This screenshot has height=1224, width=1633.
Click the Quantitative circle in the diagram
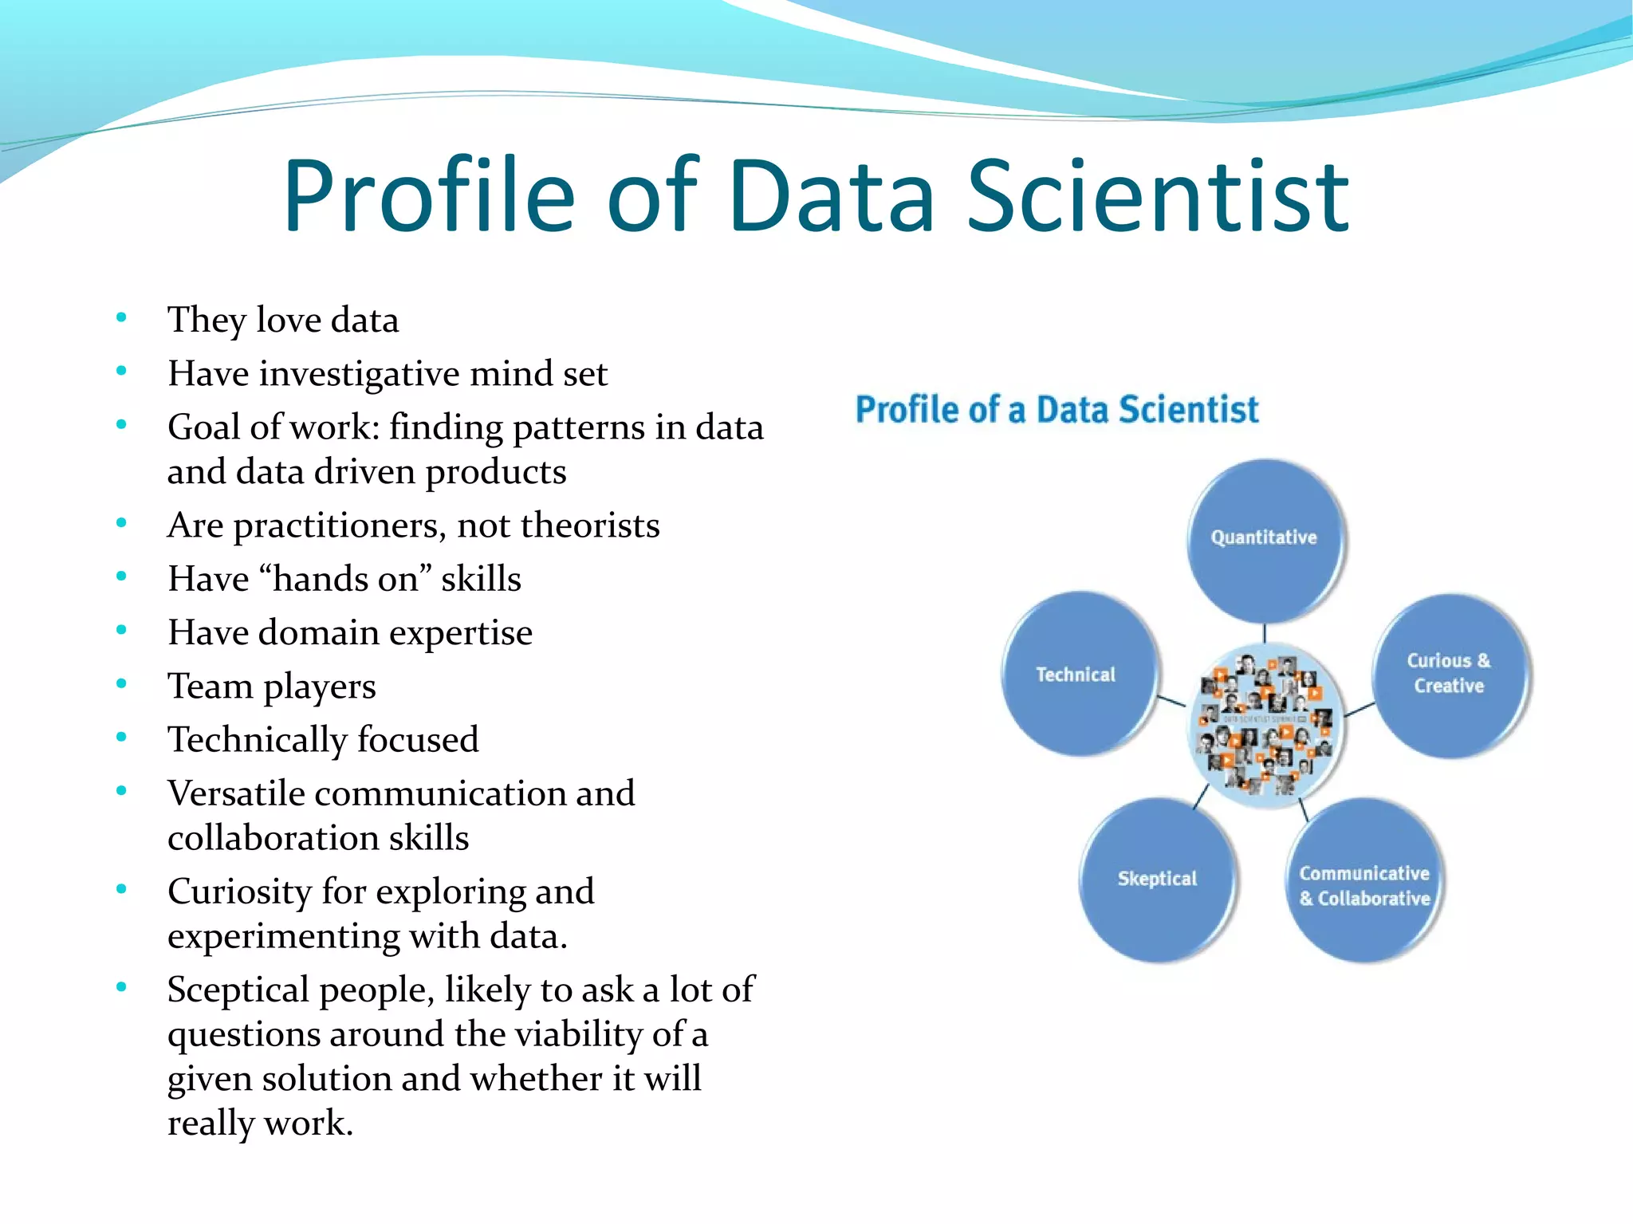1264,539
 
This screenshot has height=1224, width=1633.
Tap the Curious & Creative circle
1449,674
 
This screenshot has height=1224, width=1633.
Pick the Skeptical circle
1157,879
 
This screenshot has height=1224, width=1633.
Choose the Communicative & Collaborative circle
1364,881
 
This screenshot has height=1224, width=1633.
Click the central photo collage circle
1265,726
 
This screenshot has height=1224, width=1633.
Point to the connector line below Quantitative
1265,633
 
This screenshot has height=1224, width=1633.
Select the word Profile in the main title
428,197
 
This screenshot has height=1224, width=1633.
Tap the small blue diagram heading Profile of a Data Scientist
1057,410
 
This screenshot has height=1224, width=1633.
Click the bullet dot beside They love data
121,318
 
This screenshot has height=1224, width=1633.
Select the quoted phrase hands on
345,579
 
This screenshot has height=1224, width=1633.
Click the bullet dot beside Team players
121,684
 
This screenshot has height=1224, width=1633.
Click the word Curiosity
239,892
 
